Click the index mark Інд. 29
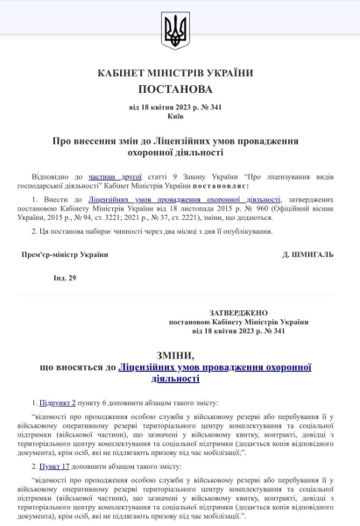click(x=65, y=277)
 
